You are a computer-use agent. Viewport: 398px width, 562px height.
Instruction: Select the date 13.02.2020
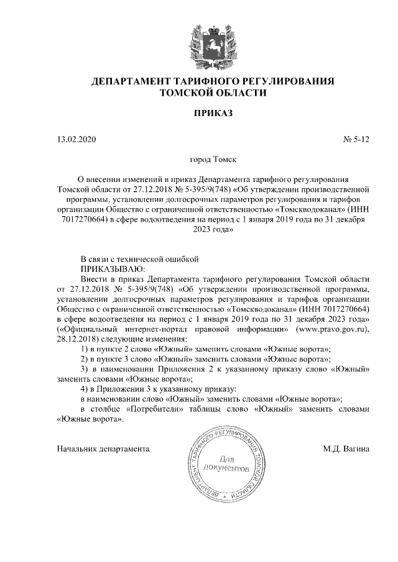[76, 140]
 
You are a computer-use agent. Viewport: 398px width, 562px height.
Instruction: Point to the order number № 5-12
[356, 140]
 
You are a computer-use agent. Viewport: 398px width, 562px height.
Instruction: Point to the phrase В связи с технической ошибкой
[132, 258]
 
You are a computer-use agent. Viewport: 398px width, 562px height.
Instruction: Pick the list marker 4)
[86, 389]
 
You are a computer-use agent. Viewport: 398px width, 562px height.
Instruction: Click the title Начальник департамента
[103, 448]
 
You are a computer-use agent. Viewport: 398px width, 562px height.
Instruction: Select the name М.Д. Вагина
[346, 448]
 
